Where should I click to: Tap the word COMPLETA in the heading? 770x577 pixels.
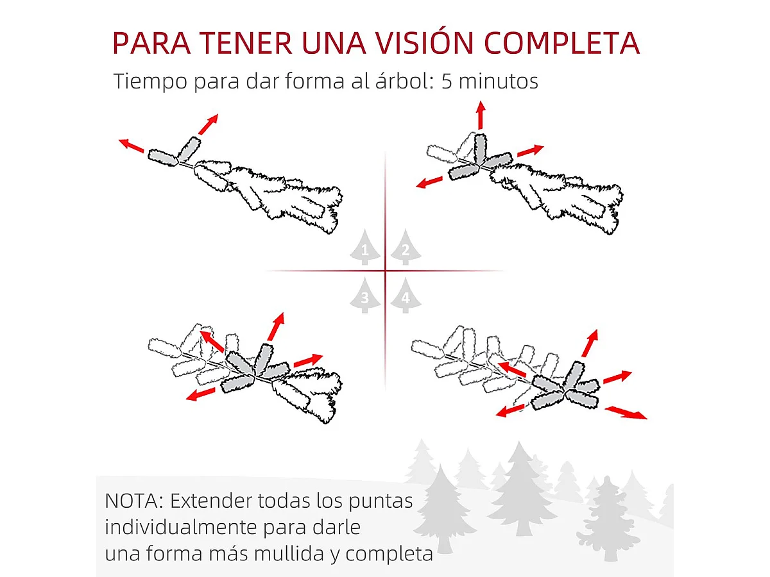(x=562, y=42)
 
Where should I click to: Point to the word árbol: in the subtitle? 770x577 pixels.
(x=396, y=82)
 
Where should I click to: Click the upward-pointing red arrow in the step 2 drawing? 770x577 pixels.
(x=480, y=115)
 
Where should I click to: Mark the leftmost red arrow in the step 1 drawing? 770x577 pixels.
(x=131, y=146)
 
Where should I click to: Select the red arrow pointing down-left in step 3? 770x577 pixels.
(x=200, y=394)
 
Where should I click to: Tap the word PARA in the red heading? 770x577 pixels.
(x=150, y=42)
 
